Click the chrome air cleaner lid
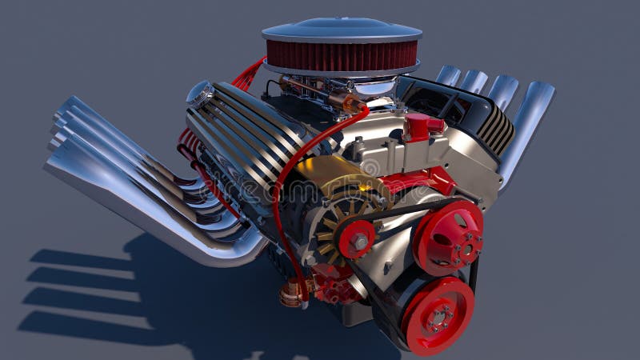[x=342, y=30]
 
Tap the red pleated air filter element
[x=342, y=57]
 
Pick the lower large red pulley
[x=438, y=315]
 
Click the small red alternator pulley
[x=357, y=239]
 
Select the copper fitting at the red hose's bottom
[x=292, y=294]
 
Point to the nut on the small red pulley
[x=359, y=240]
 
